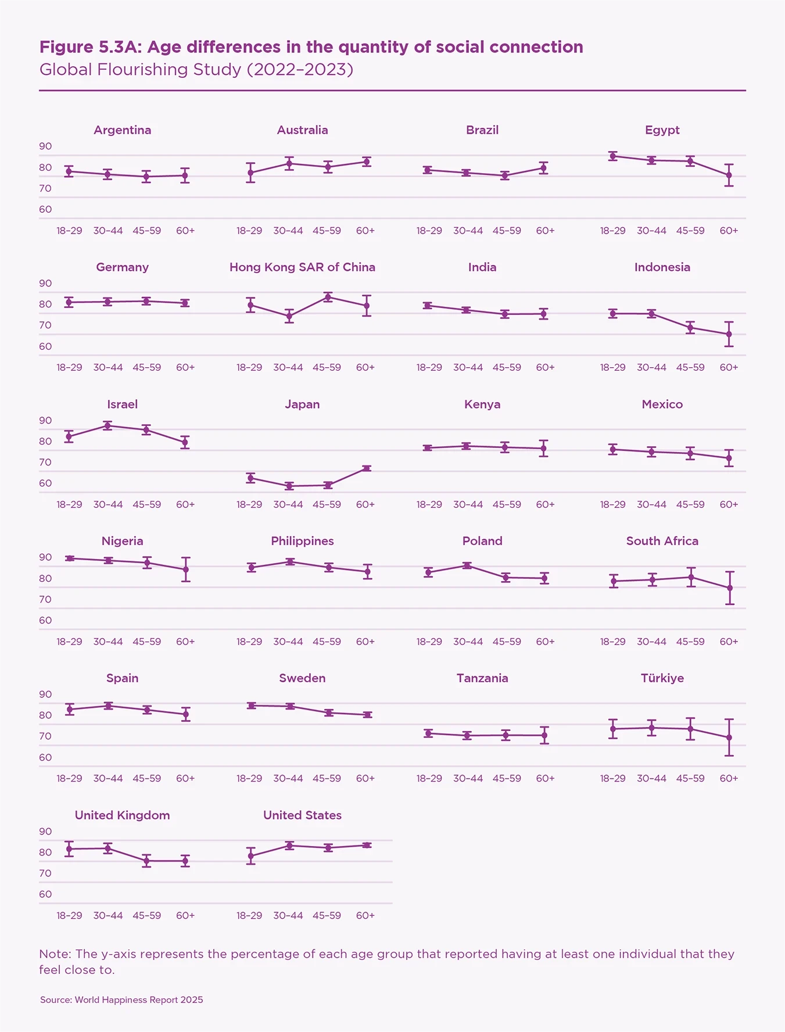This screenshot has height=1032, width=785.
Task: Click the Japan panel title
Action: [x=302, y=404]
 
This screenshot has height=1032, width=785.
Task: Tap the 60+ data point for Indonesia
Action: [x=729, y=334]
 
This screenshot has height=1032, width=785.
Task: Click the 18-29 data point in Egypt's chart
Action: [x=613, y=156]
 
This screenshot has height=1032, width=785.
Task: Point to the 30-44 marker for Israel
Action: [x=108, y=426]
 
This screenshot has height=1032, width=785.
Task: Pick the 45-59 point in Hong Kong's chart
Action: [x=328, y=298]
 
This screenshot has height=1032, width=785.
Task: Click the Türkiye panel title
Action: [x=662, y=678]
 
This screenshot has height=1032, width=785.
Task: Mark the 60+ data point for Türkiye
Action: [x=729, y=737]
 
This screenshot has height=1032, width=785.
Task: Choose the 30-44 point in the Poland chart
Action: [x=467, y=565]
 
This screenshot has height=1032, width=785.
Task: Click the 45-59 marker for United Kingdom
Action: [x=147, y=861]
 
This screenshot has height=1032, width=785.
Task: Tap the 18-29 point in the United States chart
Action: [x=250, y=856]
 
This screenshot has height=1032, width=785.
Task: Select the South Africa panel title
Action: [x=662, y=541]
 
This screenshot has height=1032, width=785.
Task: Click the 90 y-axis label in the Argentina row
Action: [x=45, y=146]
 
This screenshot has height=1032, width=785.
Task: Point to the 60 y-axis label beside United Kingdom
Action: [x=45, y=894]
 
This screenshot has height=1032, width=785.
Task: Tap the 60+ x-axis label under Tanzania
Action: [x=545, y=779]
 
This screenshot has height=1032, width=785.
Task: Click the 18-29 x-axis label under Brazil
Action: [x=429, y=231]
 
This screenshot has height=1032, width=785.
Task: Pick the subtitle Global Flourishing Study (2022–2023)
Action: [x=196, y=70]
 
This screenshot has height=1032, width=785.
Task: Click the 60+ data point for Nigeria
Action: [x=185, y=569]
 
